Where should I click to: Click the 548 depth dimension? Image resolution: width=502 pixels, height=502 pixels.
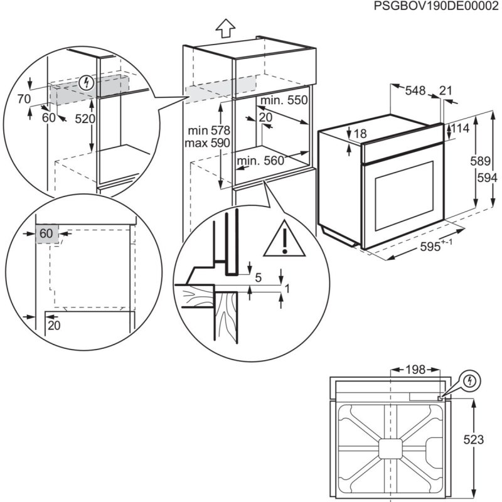[415, 91]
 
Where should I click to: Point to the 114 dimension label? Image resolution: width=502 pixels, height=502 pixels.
[461, 129]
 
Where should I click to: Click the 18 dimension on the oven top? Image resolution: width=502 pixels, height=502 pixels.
[360, 134]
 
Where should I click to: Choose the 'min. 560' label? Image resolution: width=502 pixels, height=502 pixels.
[260, 161]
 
